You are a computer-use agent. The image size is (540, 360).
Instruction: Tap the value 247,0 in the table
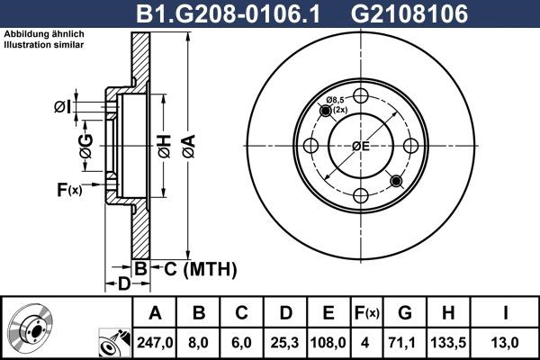point(155,341)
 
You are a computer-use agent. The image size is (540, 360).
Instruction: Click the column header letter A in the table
point(155,313)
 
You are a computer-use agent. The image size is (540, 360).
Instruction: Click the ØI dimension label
point(60,108)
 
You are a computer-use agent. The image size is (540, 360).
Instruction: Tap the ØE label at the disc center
point(360,146)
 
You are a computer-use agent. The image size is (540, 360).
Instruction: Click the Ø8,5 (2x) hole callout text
point(337,103)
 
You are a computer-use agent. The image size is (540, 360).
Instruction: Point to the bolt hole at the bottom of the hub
point(360,195)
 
